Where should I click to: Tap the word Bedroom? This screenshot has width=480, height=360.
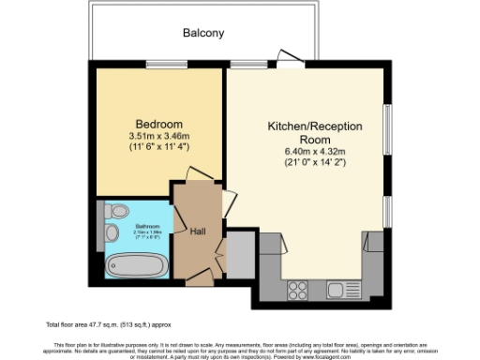coord(158,124)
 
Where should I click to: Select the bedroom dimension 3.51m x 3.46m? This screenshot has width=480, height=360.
coord(158,136)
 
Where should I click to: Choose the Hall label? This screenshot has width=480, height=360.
coord(198,231)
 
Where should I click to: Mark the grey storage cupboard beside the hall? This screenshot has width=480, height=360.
coord(239,254)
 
